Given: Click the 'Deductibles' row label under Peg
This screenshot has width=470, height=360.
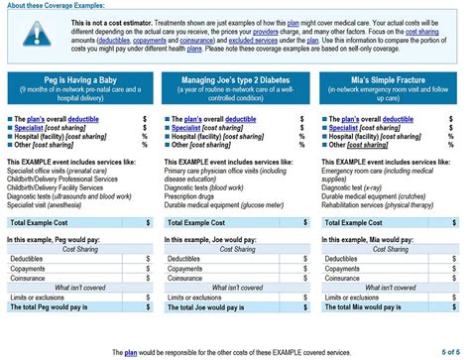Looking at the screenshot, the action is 30,259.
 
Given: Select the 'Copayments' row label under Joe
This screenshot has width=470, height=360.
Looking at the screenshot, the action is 185,269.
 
